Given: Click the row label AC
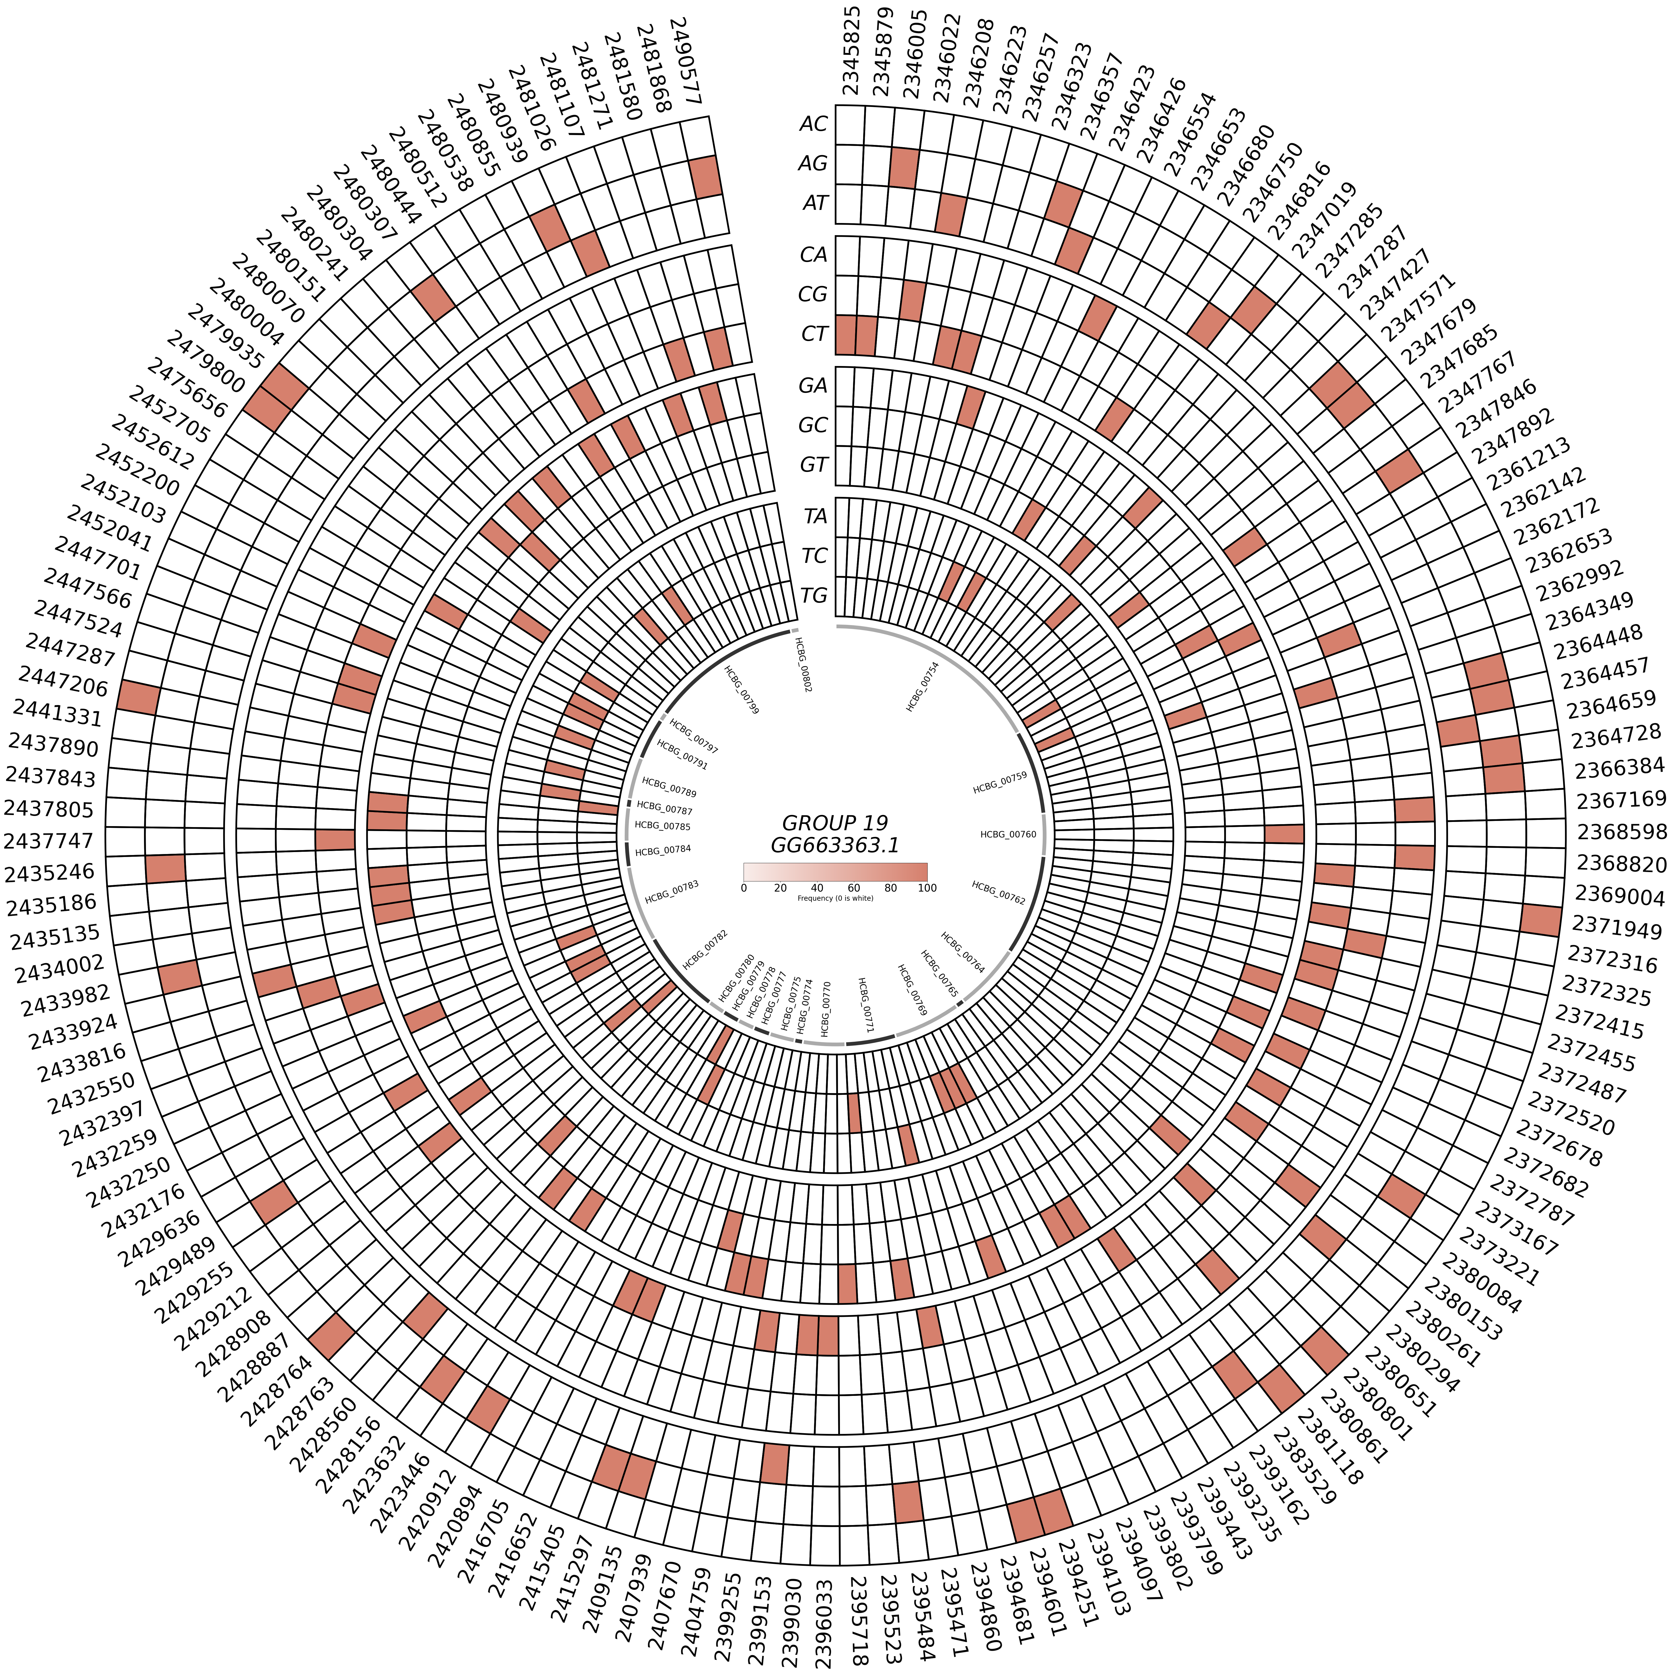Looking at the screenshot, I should click(x=813, y=124).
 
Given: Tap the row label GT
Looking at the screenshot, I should click(x=813, y=465).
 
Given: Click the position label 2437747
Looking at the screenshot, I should click(x=49, y=840).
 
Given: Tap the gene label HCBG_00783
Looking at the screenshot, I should click(x=671, y=893).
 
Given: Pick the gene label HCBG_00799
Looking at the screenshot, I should click(x=741, y=690).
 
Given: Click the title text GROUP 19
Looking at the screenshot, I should click(x=835, y=822).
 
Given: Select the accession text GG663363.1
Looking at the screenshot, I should click(x=835, y=845).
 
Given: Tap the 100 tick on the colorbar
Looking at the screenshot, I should click(x=927, y=888).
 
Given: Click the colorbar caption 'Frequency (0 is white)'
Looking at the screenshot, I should click(x=835, y=899).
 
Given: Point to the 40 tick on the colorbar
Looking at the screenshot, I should click(x=816, y=888).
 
